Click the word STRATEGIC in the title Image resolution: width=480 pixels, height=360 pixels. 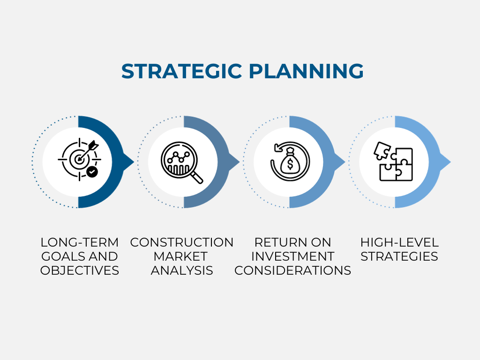[181, 71]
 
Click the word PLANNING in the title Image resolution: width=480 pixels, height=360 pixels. [306, 71]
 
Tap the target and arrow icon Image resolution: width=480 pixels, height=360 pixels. [79, 159]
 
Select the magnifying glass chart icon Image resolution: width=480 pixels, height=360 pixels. [182, 163]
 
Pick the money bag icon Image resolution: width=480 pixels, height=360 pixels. [290, 161]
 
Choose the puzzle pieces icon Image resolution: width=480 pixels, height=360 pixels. [393, 162]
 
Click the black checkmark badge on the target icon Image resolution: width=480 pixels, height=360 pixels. [92, 172]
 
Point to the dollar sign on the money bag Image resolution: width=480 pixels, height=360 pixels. [290, 165]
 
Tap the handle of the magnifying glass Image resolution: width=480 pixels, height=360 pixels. [196, 178]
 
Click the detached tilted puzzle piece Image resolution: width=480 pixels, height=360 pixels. [382, 150]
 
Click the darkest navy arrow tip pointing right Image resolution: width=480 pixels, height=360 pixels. [128, 162]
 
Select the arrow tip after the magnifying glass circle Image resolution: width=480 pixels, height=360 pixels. [234, 162]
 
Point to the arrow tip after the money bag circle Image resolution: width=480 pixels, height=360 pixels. [340, 162]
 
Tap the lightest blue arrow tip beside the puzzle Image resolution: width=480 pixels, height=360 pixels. [445, 162]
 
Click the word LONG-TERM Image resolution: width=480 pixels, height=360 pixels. [80, 242]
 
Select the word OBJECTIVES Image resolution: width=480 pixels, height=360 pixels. [80, 270]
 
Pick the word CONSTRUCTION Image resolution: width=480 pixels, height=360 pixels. [182, 242]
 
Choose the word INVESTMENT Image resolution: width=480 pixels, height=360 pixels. [292, 256]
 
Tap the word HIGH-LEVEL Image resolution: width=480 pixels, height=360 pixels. [399, 242]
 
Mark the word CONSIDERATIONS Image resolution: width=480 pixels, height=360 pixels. [292, 270]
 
